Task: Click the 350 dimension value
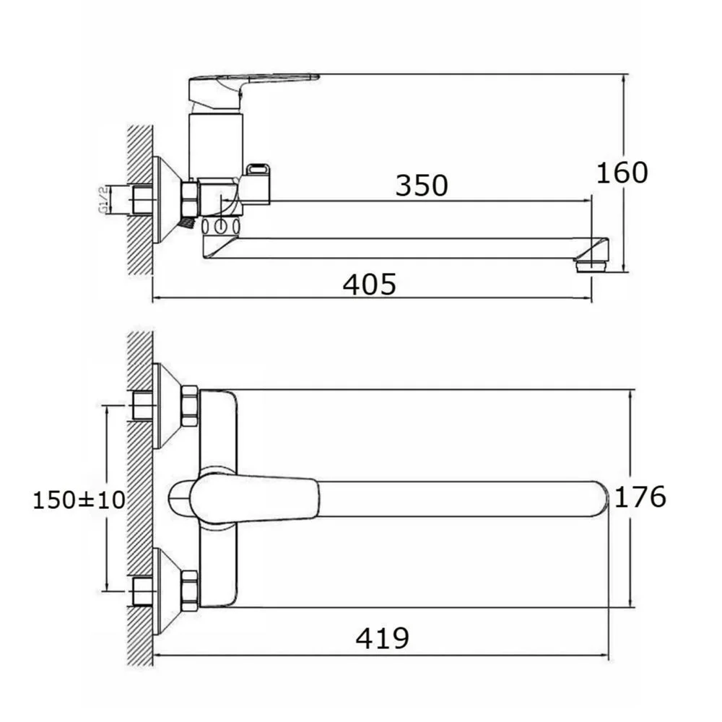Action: point(422,185)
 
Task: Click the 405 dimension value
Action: point(369,284)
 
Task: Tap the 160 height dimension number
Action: point(622,173)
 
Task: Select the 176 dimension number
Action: point(640,497)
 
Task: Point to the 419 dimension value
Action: point(382,638)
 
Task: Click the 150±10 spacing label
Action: point(79,500)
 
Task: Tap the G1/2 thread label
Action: point(103,200)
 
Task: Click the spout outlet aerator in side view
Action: point(592,266)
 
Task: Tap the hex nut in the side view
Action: point(190,199)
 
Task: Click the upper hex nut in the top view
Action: point(190,406)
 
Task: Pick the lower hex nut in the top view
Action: point(190,591)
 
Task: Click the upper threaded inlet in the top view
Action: point(143,406)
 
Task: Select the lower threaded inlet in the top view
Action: point(143,591)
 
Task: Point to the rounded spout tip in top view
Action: point(600,499)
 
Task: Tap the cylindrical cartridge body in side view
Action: point(215,147)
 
